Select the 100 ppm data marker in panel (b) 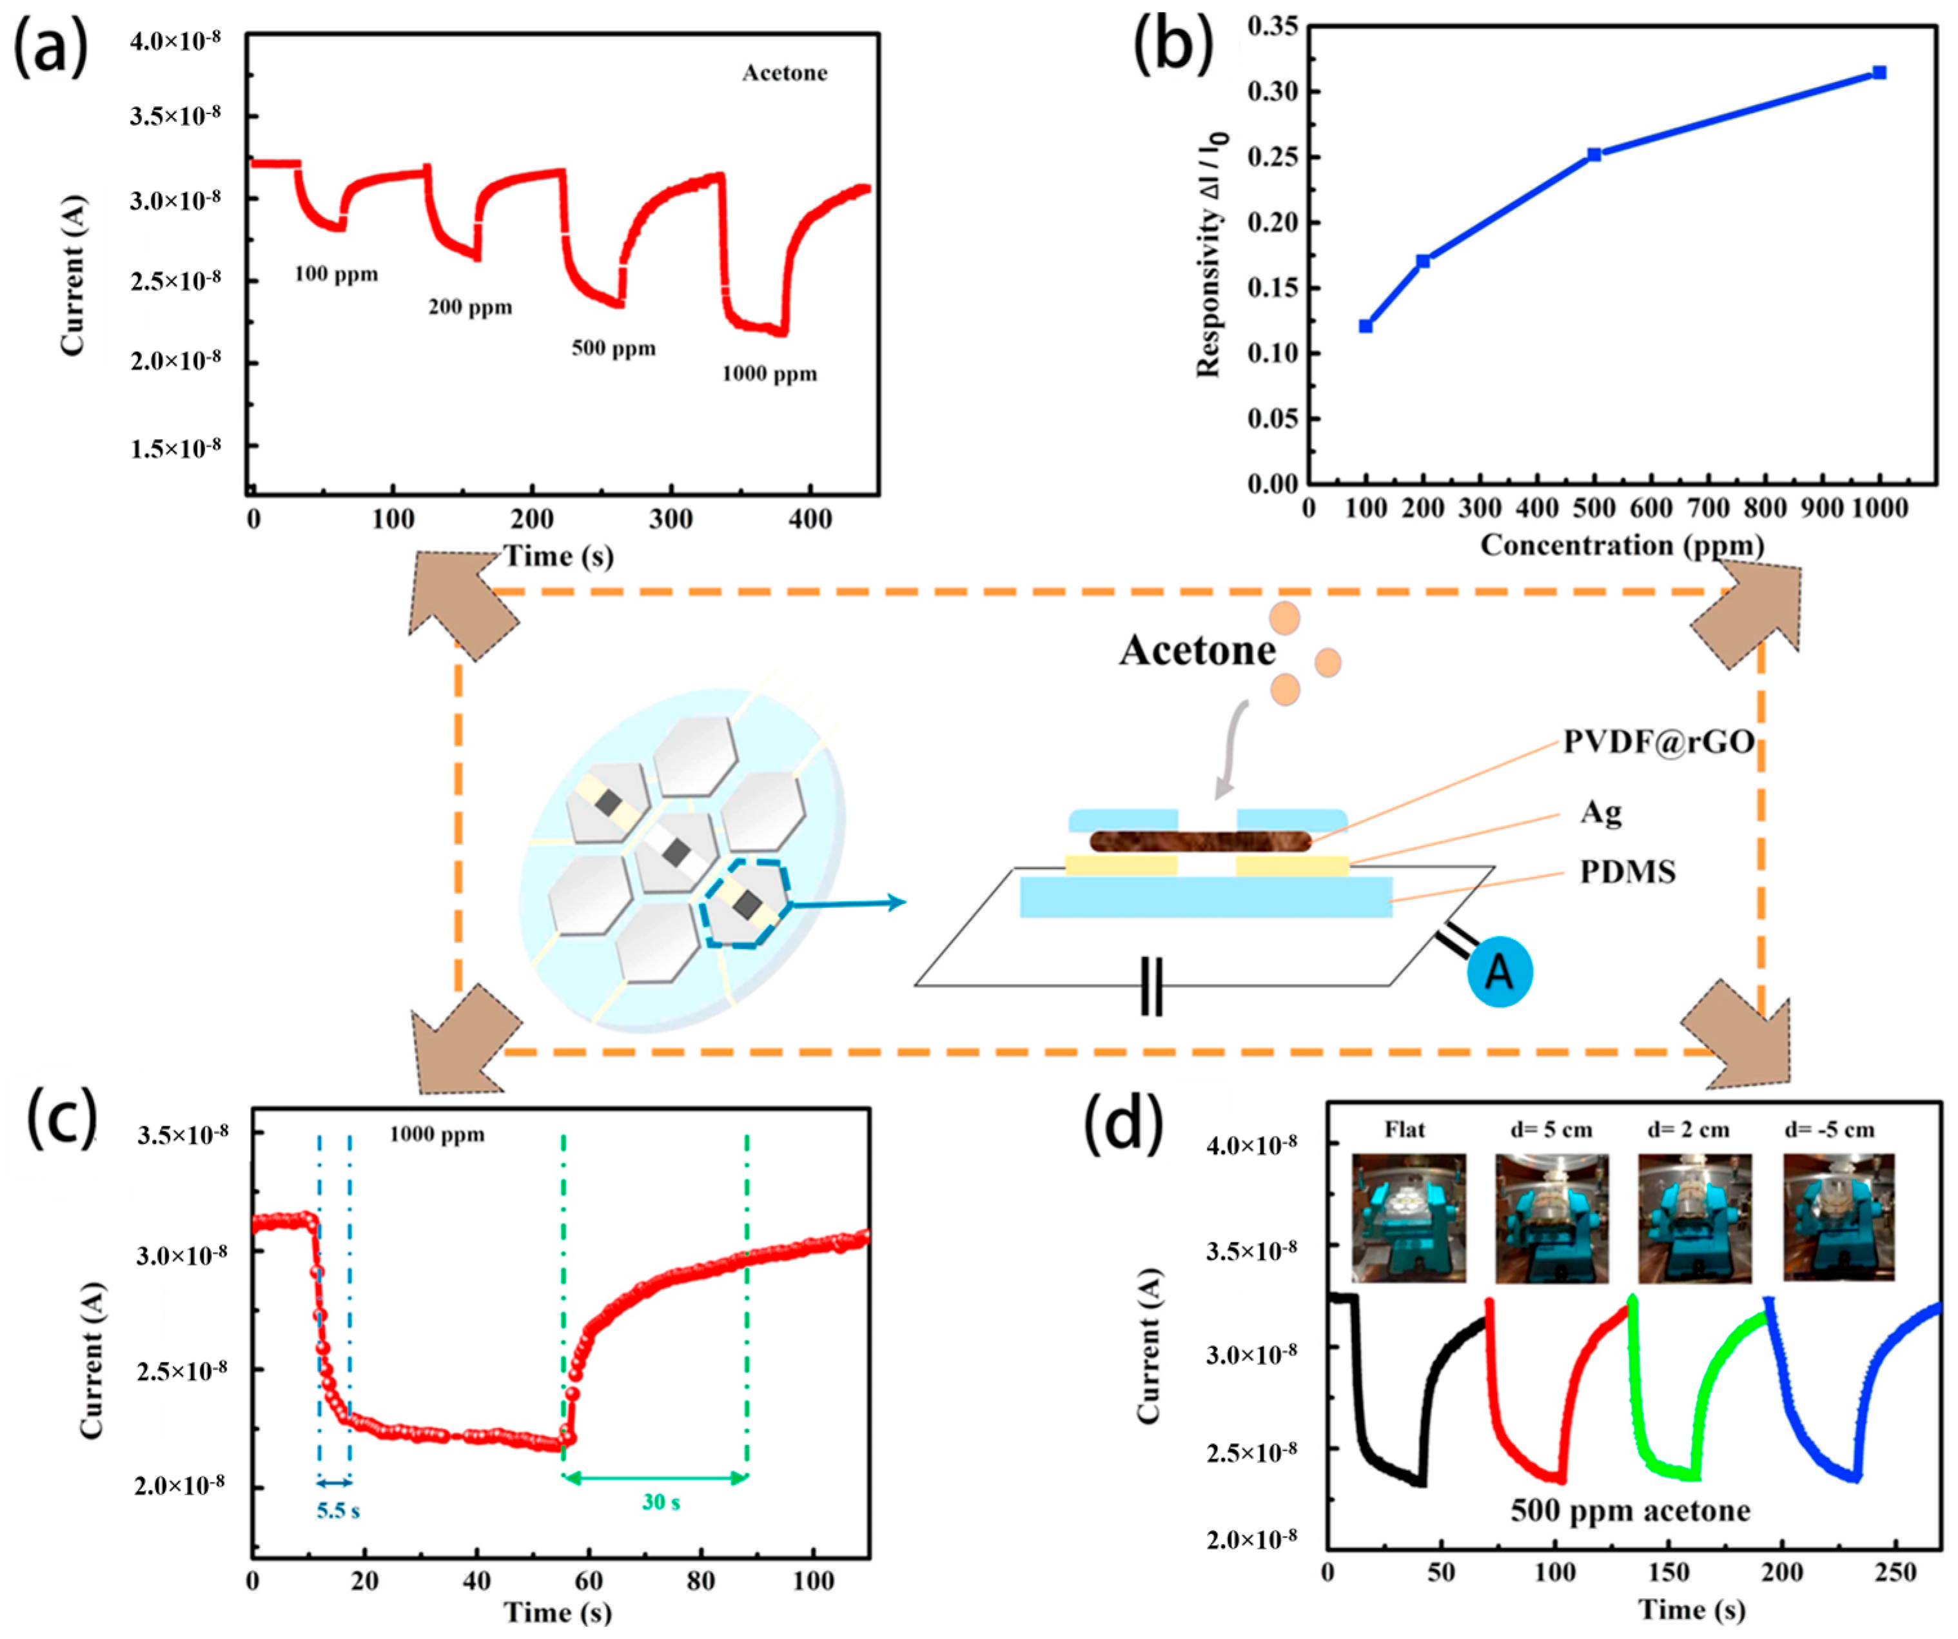(x=1366, y=326)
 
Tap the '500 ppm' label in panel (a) (x=614, y=349)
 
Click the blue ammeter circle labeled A (x=1499, y=972)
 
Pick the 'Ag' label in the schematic (x=1601, y=812)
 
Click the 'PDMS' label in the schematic (x=1627, y=872)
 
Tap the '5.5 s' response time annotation (x=338, y=1510)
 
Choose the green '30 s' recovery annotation (x=660, y=1502)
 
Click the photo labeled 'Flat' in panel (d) (x=1408, y=1217)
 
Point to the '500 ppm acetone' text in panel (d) (x=1630, y=1510)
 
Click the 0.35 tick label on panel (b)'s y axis (x=1272, y=26)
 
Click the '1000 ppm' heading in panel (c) (x=436, y=1135)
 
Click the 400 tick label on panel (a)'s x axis (x=809, y=519)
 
